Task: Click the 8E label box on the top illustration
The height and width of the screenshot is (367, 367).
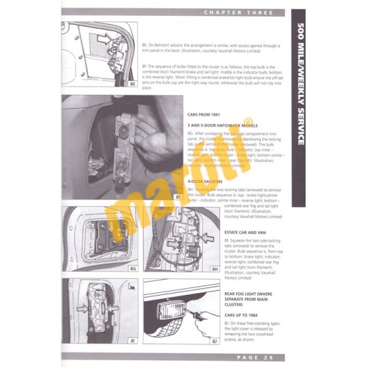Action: pos(132,85)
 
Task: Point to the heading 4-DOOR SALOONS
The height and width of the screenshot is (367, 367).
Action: pos(206,181)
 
